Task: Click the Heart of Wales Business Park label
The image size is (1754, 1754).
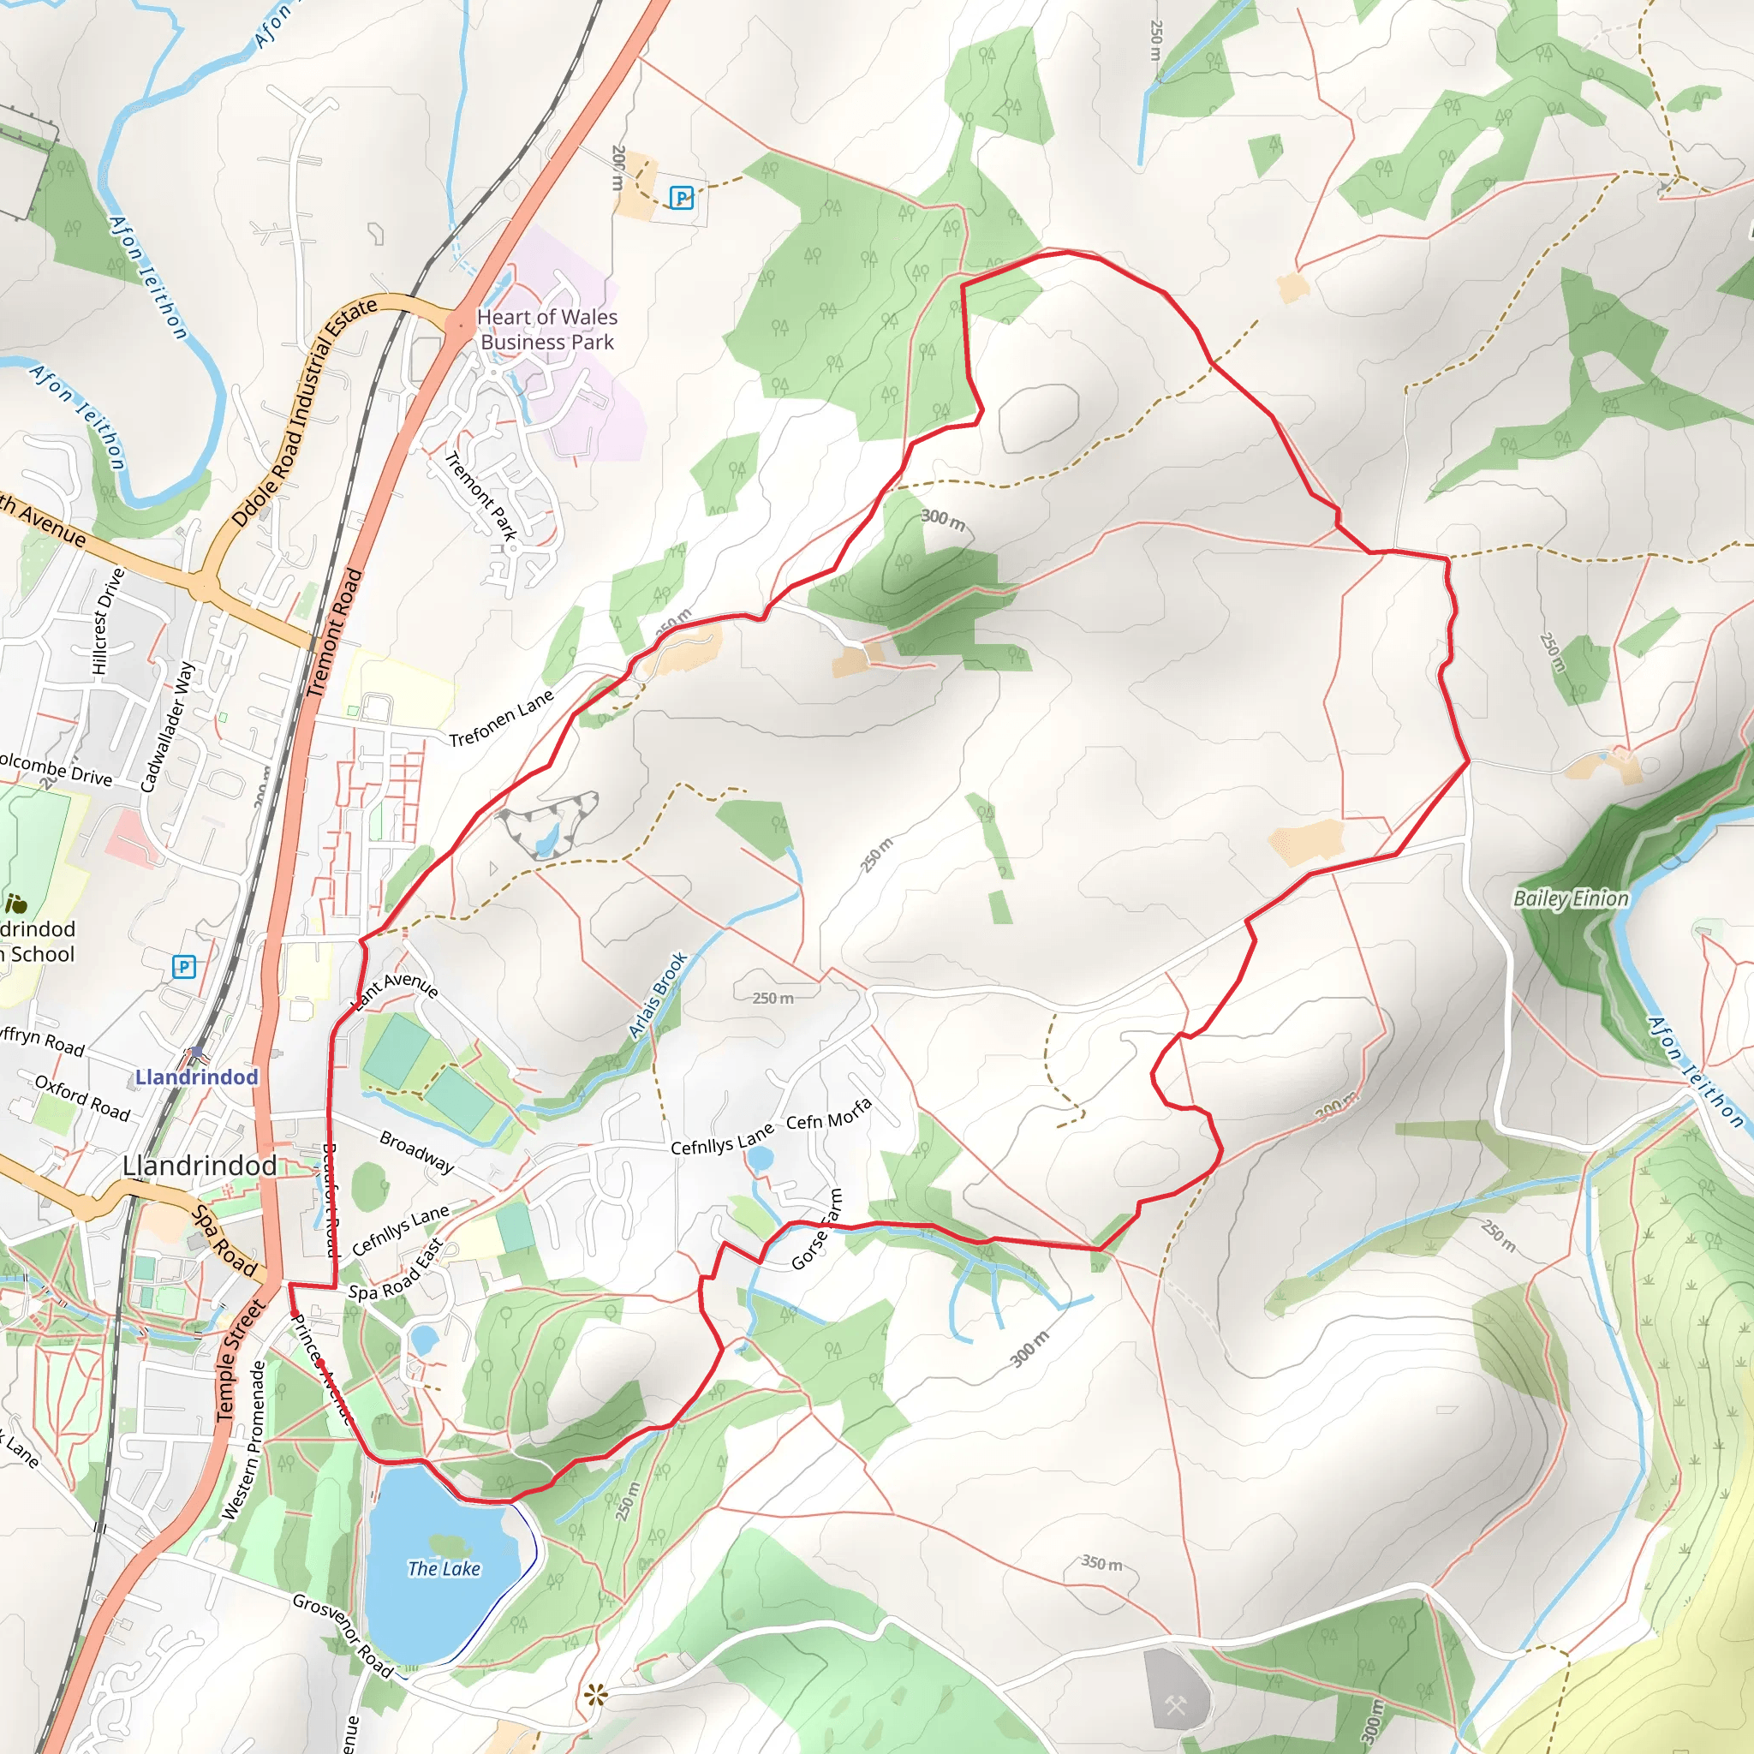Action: (546, 330)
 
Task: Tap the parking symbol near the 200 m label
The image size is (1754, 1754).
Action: (681, 197)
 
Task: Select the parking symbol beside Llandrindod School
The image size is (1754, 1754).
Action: (184, 966)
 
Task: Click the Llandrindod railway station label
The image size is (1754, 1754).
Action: (196, 1077)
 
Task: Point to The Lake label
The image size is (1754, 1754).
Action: (444, 1568)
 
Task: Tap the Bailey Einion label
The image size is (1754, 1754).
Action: (1571, 898)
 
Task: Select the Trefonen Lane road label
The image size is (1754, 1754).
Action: (501, 718)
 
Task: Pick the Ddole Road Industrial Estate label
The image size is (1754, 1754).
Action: (303, 412)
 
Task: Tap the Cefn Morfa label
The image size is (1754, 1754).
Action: (829, 1114)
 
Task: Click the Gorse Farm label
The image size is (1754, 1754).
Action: (817, 1229)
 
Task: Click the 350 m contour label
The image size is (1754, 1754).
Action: (1101, 1562)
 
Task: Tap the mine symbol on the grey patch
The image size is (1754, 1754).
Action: (1176, 1706)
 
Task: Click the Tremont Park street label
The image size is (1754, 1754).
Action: (480, 496)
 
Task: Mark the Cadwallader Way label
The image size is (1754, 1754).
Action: (168, 726)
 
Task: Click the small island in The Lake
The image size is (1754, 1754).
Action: (445, 1542)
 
